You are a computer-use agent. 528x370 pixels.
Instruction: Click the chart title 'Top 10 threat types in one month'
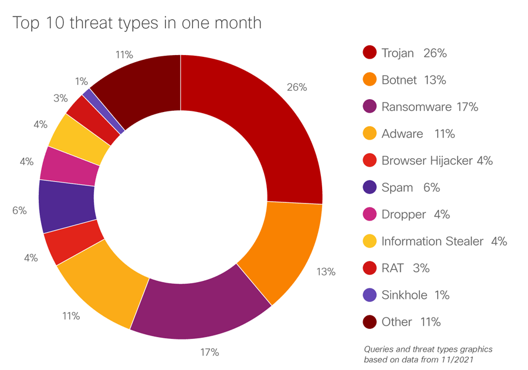point(137,23)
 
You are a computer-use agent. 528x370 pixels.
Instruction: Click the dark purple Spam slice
point(66,205)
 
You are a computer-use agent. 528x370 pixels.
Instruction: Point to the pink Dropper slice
point(70,165)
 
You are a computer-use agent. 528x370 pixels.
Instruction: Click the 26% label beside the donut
point(297,87)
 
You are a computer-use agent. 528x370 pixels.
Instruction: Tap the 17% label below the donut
point(209,352)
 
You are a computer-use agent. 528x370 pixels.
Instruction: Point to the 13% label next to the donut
point(325,271)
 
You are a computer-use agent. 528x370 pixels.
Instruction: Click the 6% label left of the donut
point(19,210)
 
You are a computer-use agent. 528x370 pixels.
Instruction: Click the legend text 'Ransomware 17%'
point(429,107)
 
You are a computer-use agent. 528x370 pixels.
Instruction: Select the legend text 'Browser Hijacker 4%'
point(436,161)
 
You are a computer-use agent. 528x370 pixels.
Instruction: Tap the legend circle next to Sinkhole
point(370,295)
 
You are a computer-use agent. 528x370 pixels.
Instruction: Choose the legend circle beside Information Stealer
point(370,241)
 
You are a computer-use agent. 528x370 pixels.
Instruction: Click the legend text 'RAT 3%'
point(405,268)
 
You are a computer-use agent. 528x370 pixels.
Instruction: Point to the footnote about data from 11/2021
point(428,354)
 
